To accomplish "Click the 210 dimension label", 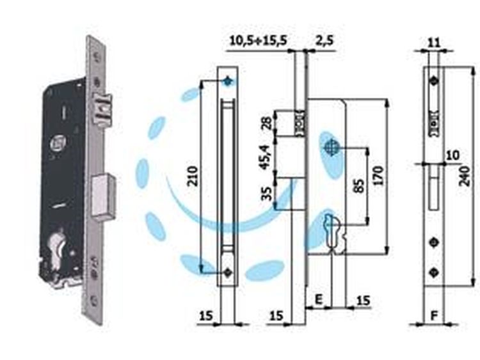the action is pos(194,176).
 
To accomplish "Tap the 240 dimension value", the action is pos(465,176).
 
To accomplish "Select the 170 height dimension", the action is pos(379,176).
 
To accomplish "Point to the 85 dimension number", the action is pos(360,185).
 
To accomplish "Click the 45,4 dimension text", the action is pos(265,157).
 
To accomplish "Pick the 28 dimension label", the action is pos(268,123).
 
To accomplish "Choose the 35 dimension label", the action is pos(268,193).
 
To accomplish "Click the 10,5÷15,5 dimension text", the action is pos(258,40).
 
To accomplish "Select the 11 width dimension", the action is pos(433,42).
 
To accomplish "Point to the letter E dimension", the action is pos(319,299).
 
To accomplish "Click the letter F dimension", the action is pos(434,316).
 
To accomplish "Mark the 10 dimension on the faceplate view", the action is pos(453,155).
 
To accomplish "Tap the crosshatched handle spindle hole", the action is pos(331,147).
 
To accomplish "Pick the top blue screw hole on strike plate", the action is pos(227,81).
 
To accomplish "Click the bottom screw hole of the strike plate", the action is pos(227,272).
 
